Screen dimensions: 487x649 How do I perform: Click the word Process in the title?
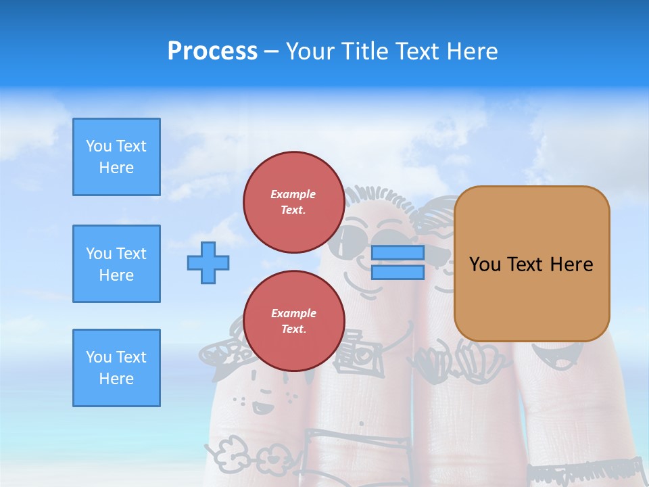[x=212, y=51]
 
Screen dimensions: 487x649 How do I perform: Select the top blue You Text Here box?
[x=116, y=157]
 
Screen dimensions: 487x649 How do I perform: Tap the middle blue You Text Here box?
[x=116, y=264]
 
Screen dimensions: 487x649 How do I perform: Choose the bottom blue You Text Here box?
[x=116, y=368]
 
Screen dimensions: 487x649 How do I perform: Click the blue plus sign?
[x=208, y=262]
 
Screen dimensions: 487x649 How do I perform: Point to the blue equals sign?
[x=398, y=262]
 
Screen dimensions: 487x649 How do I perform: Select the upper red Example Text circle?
[x=293, y=202]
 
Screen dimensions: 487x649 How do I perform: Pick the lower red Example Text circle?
[x=293, y=321]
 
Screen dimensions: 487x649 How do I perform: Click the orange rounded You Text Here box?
[x=531, y=264]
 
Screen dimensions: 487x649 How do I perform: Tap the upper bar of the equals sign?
[x=398, y=253]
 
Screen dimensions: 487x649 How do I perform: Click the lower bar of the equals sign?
[x=398, y=273]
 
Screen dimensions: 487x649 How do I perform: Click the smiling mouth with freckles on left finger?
[x=262, y=407]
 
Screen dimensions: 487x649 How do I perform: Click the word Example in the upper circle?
[x=293, y=194]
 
